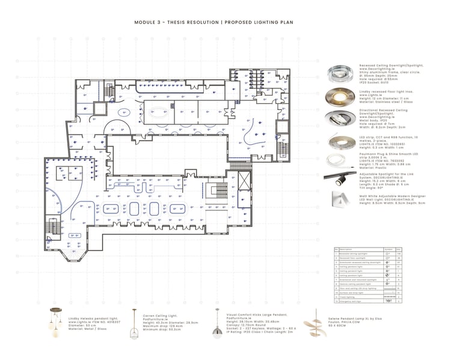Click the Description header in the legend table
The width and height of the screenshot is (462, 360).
click(348, 249)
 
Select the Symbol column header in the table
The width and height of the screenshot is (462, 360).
click(388, 249)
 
